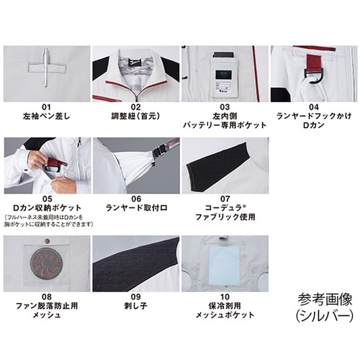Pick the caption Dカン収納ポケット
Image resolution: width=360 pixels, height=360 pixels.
47,207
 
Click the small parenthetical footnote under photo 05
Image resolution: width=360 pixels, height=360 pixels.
47,220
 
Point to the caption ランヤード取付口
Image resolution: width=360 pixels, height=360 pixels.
135,207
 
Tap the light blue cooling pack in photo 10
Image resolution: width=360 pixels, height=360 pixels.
225,263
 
